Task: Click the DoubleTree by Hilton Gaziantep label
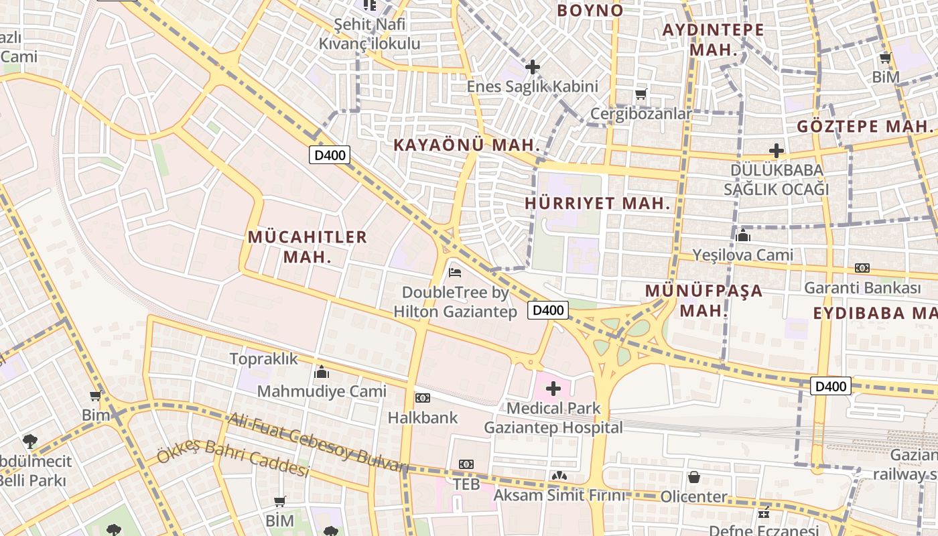[x=455, y=302]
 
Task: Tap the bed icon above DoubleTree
[x=455, y=272]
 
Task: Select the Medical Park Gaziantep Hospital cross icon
[x=553, y=389]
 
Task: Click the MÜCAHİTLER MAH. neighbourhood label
[x=308, y=247]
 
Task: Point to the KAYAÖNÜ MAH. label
[x=466, y=145]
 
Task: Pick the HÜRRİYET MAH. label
[x=598, y=204]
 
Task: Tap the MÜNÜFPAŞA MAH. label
[x=703, y=300]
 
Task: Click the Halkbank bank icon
[x=422, y=398]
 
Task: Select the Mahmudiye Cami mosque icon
[x=322, y=372]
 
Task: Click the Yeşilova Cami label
[x=742, y=255]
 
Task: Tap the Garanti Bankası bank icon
[x=862, y=268]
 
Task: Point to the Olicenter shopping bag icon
[x=694, y=477]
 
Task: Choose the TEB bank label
[x=466, y=483]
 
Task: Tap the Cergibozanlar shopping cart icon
[x=641, y=94]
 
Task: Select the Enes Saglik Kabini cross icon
[x=533, y=67]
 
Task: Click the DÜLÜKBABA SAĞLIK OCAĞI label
[x=776, y=180]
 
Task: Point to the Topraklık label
[x=263, y=358]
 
